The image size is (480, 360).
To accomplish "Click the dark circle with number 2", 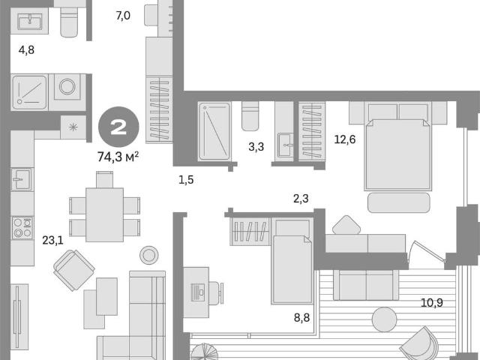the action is click(118, 127).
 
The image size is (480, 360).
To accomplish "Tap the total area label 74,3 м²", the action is click(118, 157).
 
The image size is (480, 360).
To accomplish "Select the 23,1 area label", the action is click(52, 241).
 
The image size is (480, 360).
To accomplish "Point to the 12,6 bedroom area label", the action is click(345, 139).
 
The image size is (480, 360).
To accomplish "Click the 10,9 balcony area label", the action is click(432, 303).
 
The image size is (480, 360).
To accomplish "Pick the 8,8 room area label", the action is click(301, 318).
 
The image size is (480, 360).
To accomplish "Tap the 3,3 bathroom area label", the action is click(256, 147).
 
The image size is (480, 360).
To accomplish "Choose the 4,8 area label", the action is click(26, 50).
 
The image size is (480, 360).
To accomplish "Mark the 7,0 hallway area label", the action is click(123, 15).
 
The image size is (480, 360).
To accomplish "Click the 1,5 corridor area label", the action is click(186, 180).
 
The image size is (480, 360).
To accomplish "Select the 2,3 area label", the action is click(301, 199).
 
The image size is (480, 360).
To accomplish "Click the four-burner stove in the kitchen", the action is click(22, 228).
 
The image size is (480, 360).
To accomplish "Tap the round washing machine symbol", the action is click(67, 87).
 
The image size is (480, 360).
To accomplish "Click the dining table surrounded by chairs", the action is click(104, 215).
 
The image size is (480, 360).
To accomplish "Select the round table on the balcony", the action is click(385, 319).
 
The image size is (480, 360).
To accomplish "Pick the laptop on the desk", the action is click(198, 291).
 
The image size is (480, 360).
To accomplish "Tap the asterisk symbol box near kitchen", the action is click(73, 127).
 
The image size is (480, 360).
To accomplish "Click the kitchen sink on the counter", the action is click(21, 179).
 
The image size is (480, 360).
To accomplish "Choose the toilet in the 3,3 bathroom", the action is click(250, 116).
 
